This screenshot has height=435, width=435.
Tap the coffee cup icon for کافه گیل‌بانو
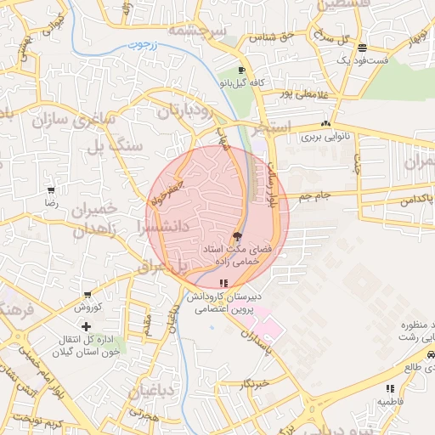pyautogui.click(x=241, y=71)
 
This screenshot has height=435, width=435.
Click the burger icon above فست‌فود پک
pyautogui.click(x=363, y=48)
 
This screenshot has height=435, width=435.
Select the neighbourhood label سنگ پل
pyautogui.click(x=116, y=146)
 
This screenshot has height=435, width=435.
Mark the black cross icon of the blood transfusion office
pyautogui.click(x=86, y=326)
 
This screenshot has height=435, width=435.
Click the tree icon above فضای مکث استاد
pyautogui.click(x=237, y=235)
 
